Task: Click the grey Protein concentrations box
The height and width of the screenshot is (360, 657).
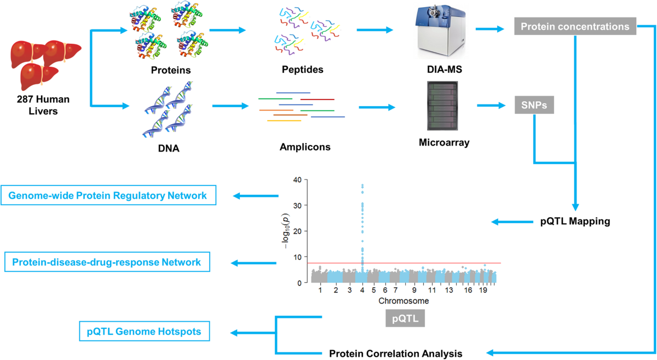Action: [x=574, y=26]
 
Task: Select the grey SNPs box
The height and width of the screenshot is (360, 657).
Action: [x=534, y=104]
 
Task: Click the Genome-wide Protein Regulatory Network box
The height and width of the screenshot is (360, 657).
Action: [x=108, y=196]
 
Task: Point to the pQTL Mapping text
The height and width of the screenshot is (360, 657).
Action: [x=574, y=222]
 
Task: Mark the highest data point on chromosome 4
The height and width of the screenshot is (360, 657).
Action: [x=362, y=185]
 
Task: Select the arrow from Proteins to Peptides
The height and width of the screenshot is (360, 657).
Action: [x=228, y=30]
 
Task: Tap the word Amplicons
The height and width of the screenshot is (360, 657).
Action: [x=305, y=147]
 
